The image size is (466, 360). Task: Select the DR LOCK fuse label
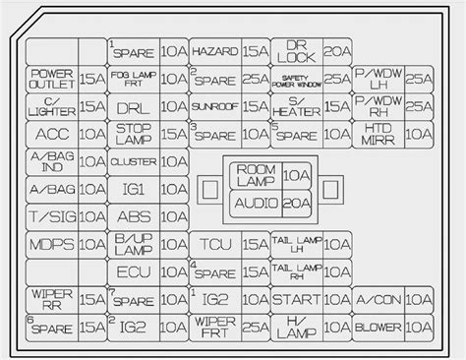[297, 49]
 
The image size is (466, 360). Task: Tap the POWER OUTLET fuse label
[51, 78]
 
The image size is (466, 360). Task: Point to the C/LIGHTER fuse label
[51, 105]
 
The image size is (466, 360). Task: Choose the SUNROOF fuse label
[214, 105]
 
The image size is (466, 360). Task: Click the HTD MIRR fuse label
[379, 133]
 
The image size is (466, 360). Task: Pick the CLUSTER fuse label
[133, 160]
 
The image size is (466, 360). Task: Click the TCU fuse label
[214, 244]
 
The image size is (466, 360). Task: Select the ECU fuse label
[133, 271]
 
